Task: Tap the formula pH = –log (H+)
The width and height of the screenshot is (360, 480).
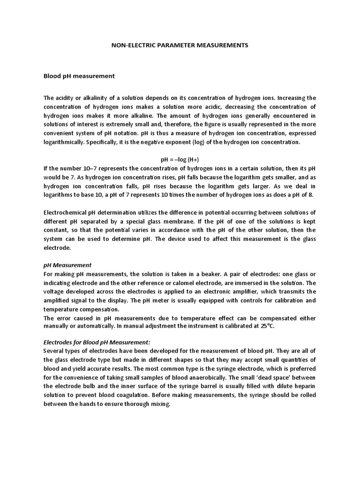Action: pyautogui.click(x=180, y=159)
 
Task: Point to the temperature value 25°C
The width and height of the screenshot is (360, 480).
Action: pyautogui.click(x=265, y=326)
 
